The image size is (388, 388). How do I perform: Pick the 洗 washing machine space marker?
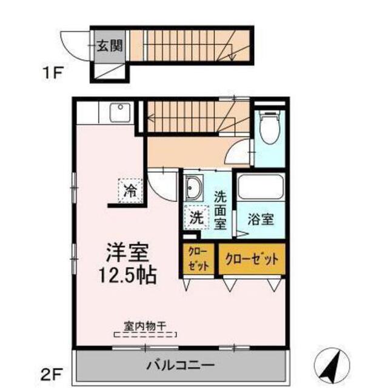coord(197,216)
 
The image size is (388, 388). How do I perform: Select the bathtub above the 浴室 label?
coord(260,187)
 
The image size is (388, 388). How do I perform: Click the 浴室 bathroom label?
coord(259,220)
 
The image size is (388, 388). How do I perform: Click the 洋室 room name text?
coord(130,252)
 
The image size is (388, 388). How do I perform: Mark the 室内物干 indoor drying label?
coord(145,325)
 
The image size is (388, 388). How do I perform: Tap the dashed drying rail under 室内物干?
coord(145,333)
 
